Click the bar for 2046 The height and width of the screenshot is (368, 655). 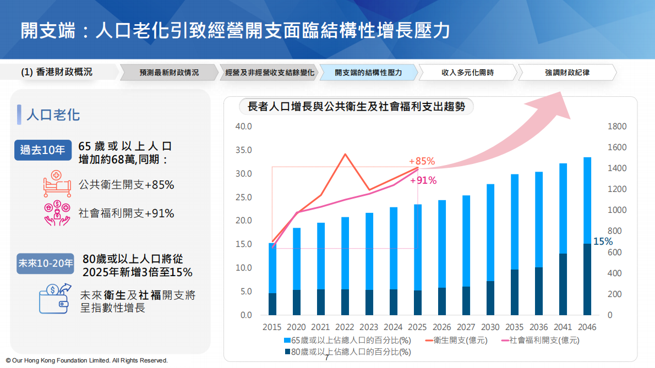point(587,237)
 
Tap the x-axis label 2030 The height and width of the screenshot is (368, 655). point(490,327)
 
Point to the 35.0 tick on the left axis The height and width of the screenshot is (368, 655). point(243,150)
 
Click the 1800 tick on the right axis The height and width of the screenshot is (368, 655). point(617,127)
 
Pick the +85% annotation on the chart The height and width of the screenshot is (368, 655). point(422,161)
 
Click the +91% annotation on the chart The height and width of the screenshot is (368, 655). point(423,180)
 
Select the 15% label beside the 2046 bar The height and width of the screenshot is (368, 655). point(603,241)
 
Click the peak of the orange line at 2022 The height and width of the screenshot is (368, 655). point(345,154)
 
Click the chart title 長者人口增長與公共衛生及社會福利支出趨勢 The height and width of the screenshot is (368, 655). point(357,107)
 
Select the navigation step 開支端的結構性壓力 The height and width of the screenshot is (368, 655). point(368,73)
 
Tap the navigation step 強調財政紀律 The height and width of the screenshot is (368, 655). point(567,73)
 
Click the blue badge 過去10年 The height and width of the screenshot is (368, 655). point(42,150)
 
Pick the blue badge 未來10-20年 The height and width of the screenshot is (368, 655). point(46,263)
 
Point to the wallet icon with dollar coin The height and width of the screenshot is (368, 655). point(55,298)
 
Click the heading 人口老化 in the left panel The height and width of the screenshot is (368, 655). point(53,114)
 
